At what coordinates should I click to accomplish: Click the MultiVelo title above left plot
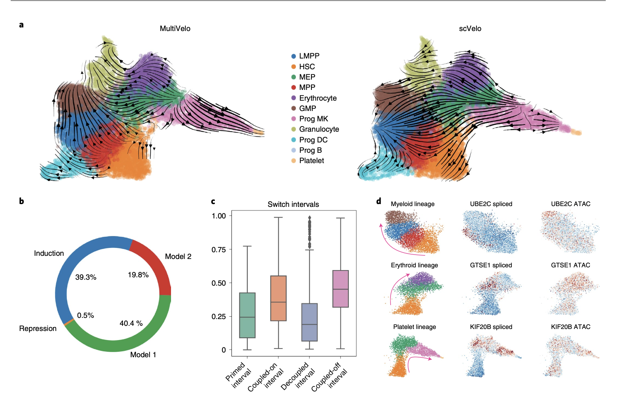[x=175, y=29]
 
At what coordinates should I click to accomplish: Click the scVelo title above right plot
[x=470, y=29]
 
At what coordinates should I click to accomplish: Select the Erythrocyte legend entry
[x=317, y=98]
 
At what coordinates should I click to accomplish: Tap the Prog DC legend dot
[x=294, y=140]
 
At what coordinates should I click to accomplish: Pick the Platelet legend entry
[x=311, y=161]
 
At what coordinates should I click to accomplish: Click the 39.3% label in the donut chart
[x=86, y=277]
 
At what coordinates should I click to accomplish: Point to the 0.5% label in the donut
[x=86, y=315]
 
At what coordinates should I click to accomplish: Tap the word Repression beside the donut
[x=38, y=329]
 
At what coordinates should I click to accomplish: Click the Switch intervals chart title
[x=293, y=204]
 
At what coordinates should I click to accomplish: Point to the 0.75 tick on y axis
[x=218, y=249]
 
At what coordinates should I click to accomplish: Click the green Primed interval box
[x=247, y=315]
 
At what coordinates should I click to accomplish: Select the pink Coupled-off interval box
[x=340, y=289]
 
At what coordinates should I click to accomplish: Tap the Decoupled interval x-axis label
[x=298, y=376]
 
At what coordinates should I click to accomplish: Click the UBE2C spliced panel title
[x=491, y=204]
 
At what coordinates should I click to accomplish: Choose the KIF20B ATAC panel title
[x=570, y=327]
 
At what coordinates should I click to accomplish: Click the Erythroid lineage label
[x=414, y=265]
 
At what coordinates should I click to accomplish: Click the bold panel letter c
[x=213, y=201]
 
